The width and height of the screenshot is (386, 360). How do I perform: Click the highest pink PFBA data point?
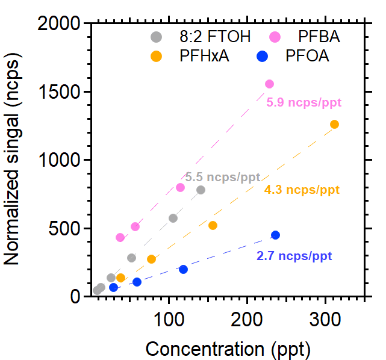(x=269, y=84)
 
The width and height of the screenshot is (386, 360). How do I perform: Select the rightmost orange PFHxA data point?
(x=334, y=124)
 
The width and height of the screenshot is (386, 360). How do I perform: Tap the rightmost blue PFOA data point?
(x=275, y=235)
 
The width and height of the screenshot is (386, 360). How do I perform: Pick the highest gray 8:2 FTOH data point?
(x=201, y=190)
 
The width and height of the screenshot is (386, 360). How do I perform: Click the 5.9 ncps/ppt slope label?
(x=304, y=102)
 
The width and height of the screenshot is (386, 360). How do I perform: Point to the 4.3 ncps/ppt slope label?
(x=302, y=190)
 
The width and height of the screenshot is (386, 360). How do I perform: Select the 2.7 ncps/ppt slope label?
(x=294, y=256)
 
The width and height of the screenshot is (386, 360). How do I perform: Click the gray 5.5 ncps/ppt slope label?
(x=223, y=178)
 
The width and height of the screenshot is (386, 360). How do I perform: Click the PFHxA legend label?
(x=205, y=57)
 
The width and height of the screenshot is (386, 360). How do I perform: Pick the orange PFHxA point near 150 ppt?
(x=213, y=225)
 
